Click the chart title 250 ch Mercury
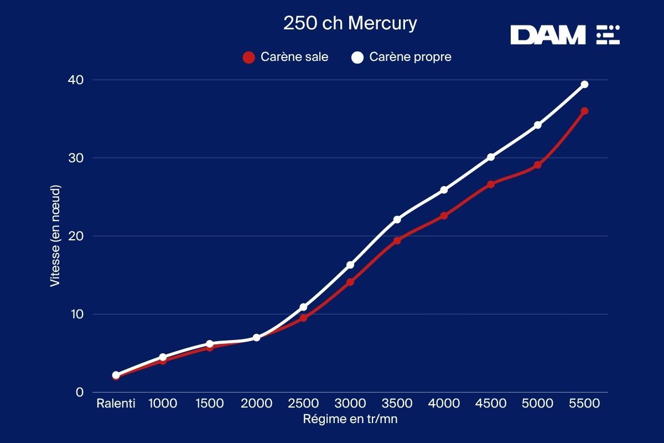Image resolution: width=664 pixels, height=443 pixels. click(x=350, y=24)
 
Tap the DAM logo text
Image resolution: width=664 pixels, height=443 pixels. click(x=548, y=35)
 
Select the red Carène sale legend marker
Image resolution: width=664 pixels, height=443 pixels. click(x=249, y=57)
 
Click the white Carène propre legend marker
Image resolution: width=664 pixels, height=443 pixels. click(x=357, y=57)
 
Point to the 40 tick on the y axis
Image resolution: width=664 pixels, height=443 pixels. click(x=76, y=80)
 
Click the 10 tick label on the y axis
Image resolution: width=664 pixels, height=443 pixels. click(x=76, y=314)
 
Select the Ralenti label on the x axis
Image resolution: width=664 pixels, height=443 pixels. click(x=116, y=403)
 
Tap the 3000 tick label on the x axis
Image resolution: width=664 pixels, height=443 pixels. click(x=350, y=403)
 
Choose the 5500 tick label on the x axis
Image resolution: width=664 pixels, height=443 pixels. click(x=584, y=403)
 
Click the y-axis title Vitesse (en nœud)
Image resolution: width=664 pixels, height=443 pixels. click(x=55, y=236)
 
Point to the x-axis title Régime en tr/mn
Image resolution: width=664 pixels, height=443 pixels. click(x=350, y=419)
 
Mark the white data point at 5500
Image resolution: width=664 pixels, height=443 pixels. click(x=584, y=84)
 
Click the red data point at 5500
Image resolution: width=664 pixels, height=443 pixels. click(x=584, y=111)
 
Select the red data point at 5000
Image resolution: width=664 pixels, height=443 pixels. click(x=537, y=165)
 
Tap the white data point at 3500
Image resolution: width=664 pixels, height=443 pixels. click(x=397, y=219)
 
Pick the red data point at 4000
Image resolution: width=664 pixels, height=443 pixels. click(x=444, y=215)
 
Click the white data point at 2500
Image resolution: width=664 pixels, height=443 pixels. click(x=303, y=307)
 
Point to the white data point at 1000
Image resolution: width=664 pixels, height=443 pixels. click(x=163, y=357)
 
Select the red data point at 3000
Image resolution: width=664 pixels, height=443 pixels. click(x=350, y=282)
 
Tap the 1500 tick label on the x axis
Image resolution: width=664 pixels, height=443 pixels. click(x=210, y=403)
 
